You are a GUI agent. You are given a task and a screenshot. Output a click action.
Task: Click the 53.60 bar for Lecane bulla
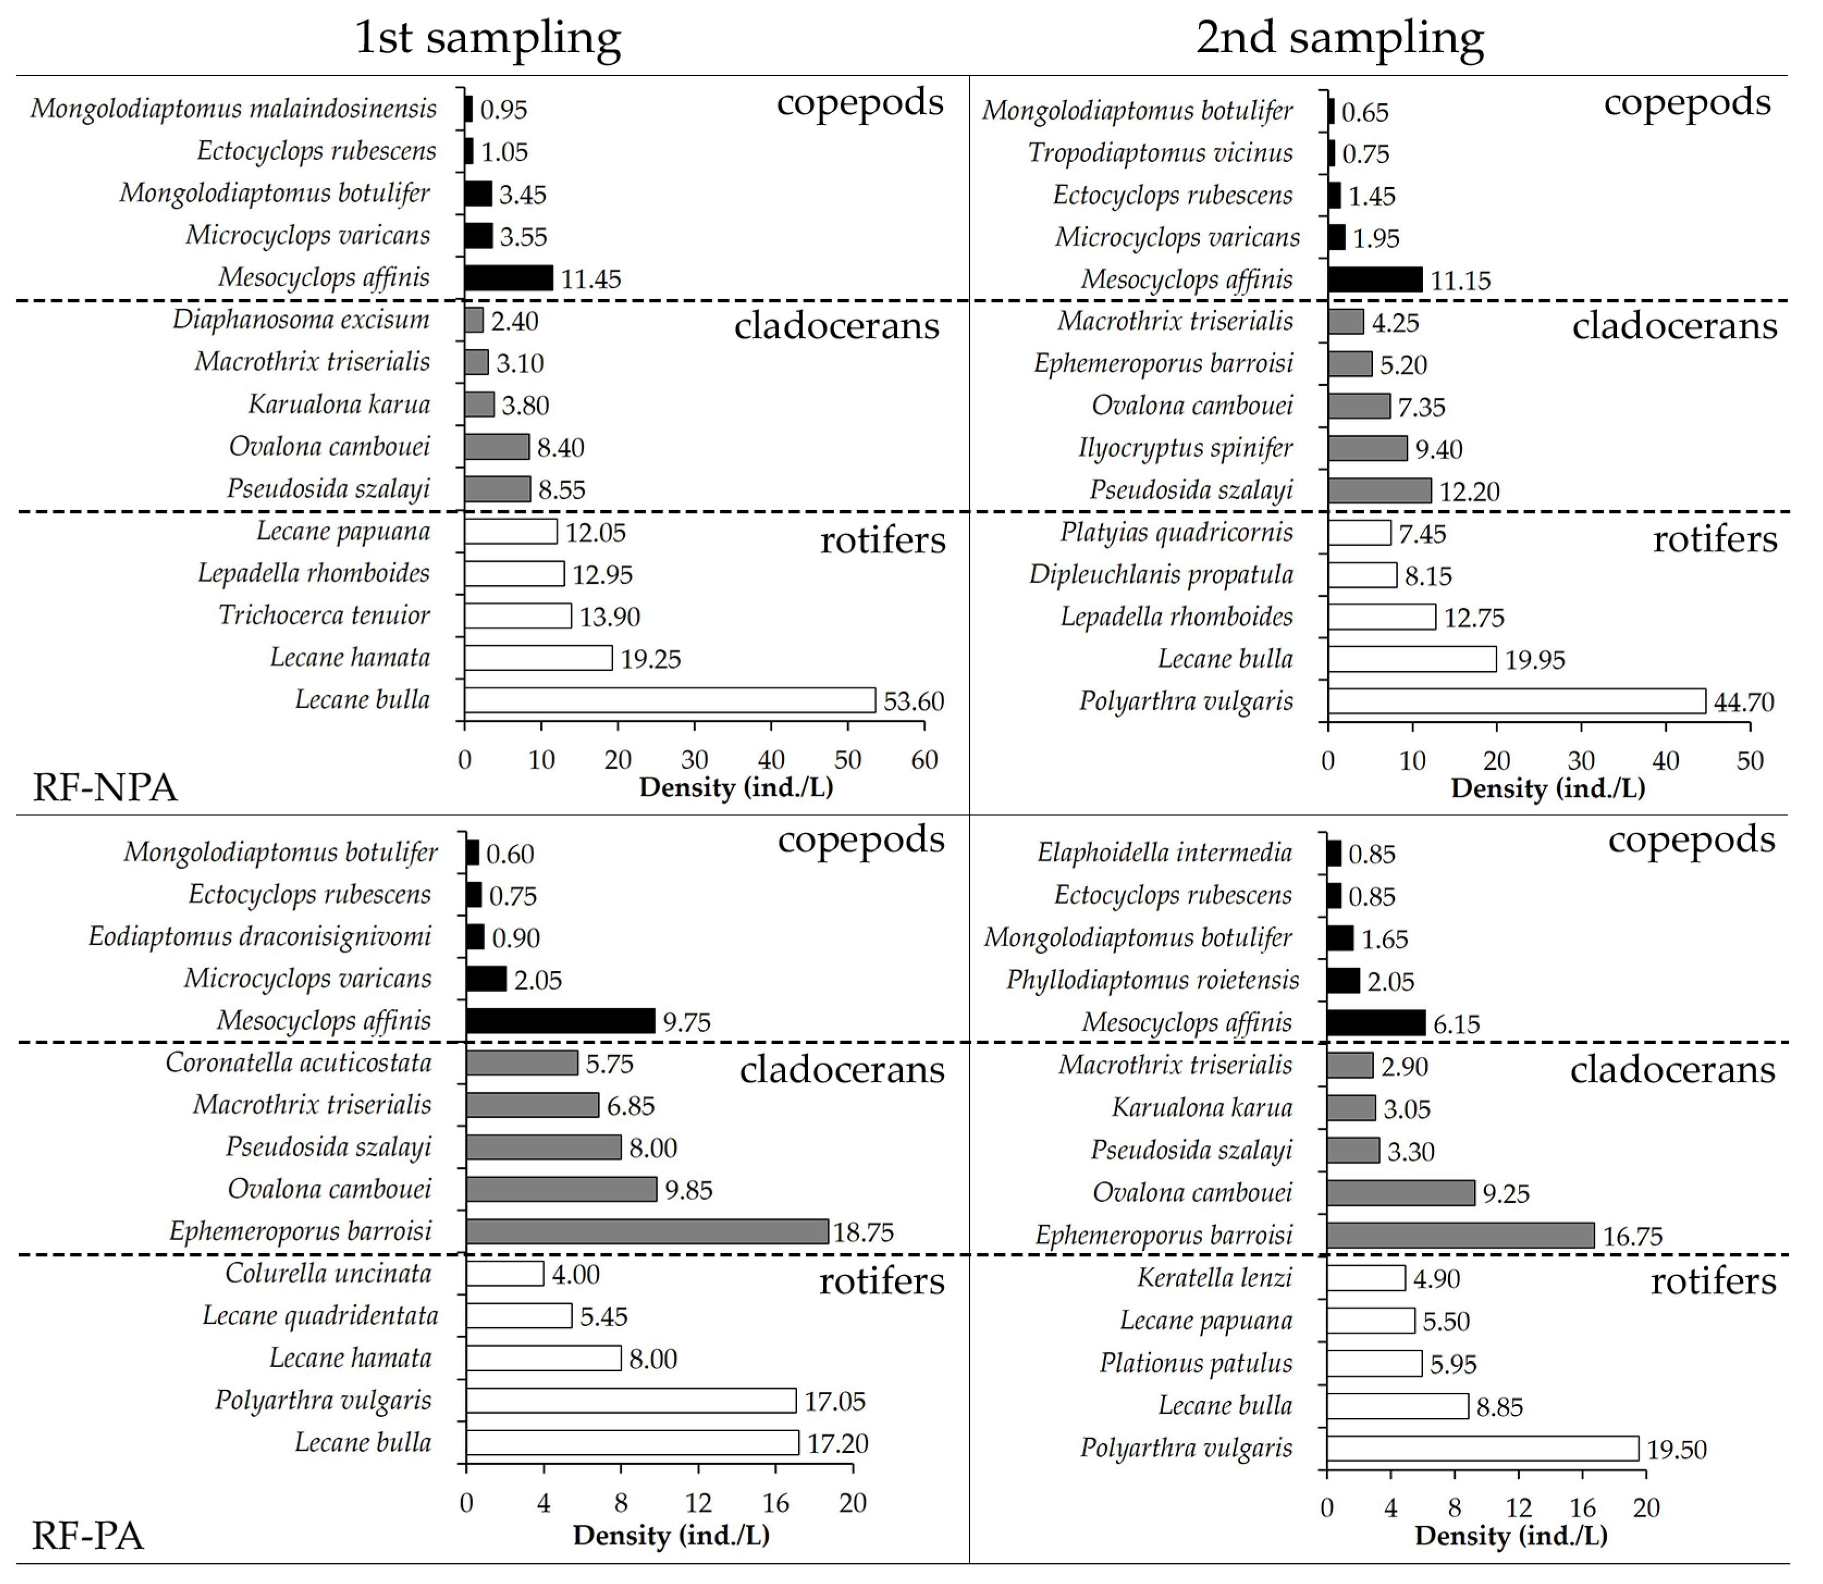pos(669,700)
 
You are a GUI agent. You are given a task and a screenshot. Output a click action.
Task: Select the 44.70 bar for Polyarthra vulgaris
pos(1516,701)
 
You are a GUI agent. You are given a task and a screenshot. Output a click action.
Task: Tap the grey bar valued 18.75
pos(646,1232)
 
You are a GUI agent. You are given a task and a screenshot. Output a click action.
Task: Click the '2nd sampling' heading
pos(1339,38)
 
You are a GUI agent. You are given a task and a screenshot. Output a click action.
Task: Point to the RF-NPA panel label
pos(105,787)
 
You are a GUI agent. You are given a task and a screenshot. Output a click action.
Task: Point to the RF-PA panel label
pos(88,1536)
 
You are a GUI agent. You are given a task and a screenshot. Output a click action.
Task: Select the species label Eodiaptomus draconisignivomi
pos(260,936)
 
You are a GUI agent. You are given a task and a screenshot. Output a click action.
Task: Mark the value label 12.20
pos(1469,492)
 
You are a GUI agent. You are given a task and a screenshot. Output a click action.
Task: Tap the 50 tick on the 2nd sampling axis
pos(1750,760)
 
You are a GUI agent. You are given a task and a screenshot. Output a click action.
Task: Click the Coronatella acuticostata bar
pos(522,1062)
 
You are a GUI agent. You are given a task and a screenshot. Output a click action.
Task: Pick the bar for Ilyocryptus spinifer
pos(1367,448)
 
